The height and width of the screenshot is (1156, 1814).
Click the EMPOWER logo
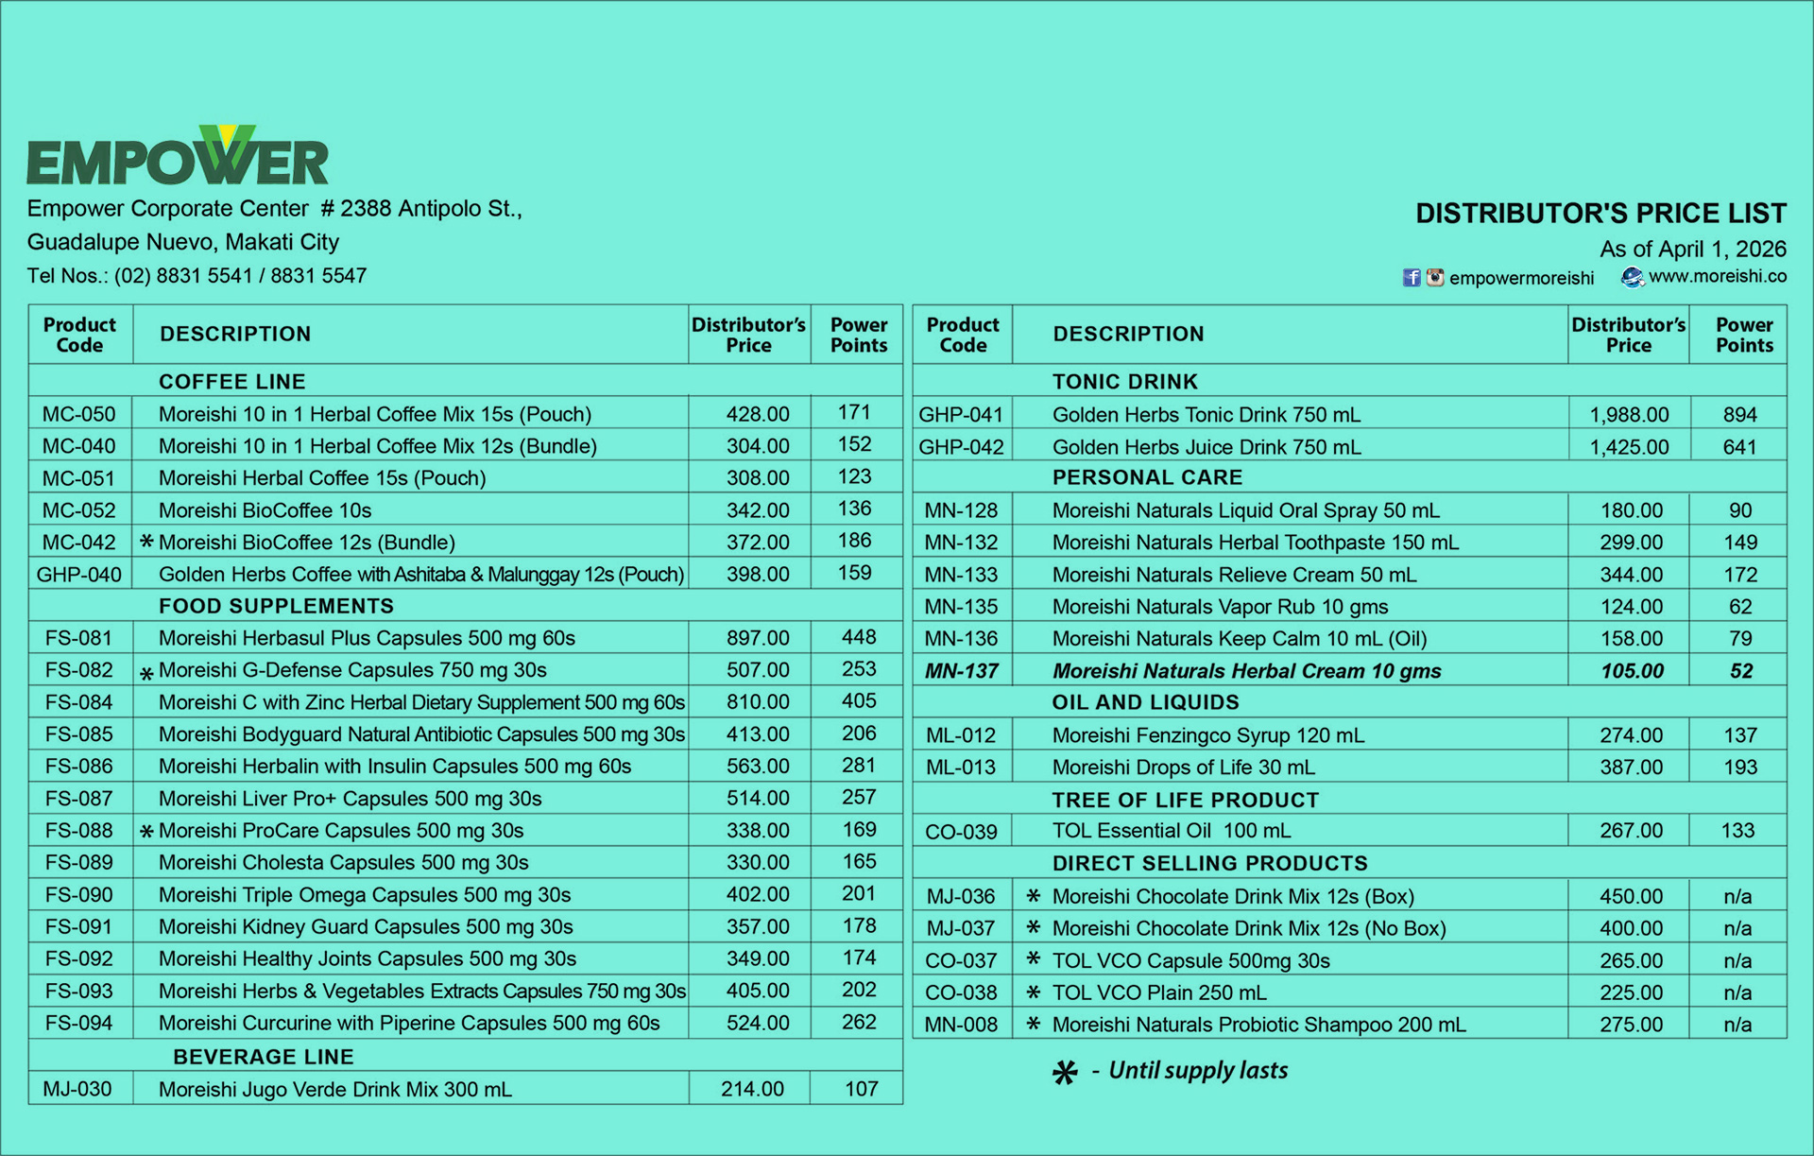(x=178, y=157)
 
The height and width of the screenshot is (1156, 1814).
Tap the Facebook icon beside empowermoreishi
(x=1412, y=278)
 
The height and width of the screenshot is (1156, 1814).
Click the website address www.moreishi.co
(x=1717, y=276)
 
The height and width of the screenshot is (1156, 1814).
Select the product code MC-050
(x=79, y=414)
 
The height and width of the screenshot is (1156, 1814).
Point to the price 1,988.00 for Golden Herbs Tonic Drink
(x=1629, y=415)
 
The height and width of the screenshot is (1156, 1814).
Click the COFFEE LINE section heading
(x=231, y=382)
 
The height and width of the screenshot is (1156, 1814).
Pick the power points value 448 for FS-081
(x=859, y=638)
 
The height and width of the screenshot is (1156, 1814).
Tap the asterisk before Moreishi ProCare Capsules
(x=146, y=832)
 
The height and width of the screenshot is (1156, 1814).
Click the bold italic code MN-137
(x=961, y=671)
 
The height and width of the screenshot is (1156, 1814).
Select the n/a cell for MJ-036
(x=1737, y=896)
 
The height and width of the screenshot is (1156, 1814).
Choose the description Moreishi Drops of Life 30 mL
(x=1183, y=768)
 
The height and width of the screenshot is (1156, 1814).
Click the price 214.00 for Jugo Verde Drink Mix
(x=752, y=1089)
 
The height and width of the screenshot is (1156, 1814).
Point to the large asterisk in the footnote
(x=1065, y=1073)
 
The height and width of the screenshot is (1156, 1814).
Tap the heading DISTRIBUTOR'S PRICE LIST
(x=1600, y=214)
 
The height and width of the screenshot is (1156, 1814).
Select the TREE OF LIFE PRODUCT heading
(x=1185, y=800)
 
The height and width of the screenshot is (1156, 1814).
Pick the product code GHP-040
(x=79, y=575)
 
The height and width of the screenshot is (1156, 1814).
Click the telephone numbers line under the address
(x=197, y=276)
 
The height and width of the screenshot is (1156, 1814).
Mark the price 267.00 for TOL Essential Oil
(x=1631, y=831)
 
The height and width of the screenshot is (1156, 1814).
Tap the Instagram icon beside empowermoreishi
(x=1435, y=278)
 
